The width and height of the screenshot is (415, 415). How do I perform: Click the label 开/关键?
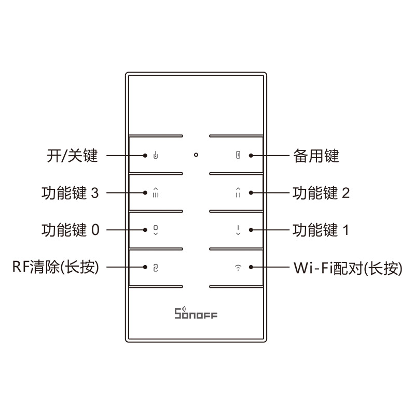point(72,156)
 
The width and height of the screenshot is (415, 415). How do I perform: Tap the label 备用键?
point(316,156)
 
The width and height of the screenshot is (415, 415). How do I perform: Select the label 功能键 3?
point(70,193)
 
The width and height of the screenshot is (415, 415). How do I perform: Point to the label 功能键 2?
point(321,193)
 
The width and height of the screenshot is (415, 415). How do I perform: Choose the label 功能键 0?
point(70,230)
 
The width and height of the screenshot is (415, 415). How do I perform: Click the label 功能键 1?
point(321,230)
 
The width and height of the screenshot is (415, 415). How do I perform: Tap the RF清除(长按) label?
point(55,268)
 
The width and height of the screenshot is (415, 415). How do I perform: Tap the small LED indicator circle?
point(196,155)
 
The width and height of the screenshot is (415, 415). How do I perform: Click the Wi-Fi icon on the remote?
point(238,268)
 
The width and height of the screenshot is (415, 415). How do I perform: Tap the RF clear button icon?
point(155,268)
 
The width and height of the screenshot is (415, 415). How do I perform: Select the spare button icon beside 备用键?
point(238,155)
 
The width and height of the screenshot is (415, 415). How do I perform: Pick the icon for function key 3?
point(155,192)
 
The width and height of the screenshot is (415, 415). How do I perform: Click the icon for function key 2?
point(238,192)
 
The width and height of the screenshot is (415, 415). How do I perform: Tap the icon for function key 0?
point(155,230)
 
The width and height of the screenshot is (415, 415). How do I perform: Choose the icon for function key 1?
point(238,230)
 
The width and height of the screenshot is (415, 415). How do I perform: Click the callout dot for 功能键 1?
point(251,230)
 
